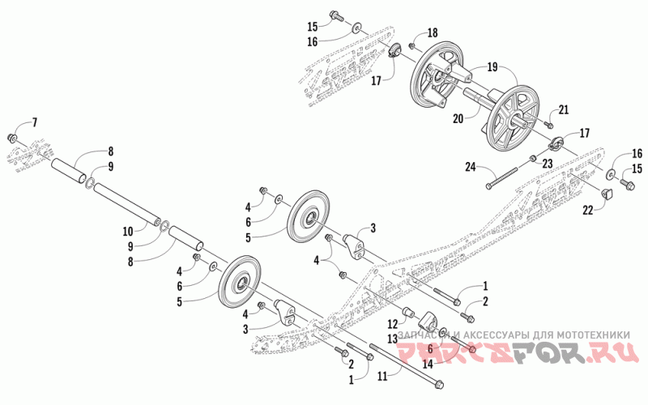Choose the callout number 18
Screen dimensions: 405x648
point(433,32)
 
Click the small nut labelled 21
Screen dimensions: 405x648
point(549,124)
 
